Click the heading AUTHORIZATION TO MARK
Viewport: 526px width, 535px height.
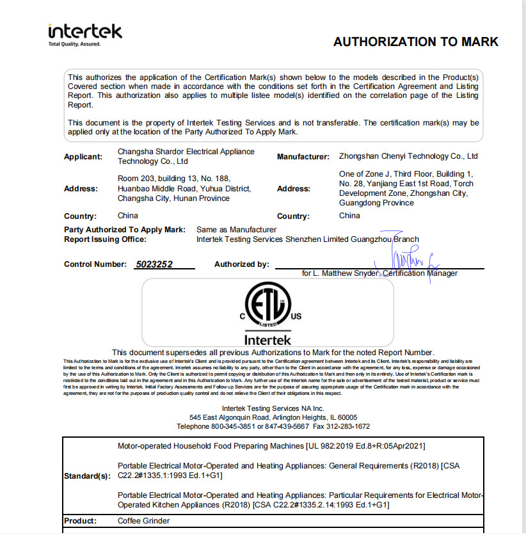tap(415, 42)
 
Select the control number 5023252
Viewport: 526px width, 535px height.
tap(155, 264)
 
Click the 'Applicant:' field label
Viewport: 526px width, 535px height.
tap(83, 156)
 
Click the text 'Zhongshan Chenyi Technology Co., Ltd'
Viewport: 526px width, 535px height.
tap(408, 156)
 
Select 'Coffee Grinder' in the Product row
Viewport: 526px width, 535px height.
tap(144, 521)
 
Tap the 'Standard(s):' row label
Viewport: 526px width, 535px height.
tap(88, 476)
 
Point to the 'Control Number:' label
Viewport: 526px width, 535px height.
tap(95, 264)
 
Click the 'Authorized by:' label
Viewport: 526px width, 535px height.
tap(242, 264)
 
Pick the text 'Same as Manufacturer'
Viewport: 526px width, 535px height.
tap(237, 229)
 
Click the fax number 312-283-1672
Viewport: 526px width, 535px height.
tap(347, 426)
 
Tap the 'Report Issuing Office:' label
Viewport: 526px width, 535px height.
tap(106, 239)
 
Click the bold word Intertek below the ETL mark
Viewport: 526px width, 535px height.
tap(267, 339)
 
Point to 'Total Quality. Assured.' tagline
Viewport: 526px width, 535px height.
tap(75, 44)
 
